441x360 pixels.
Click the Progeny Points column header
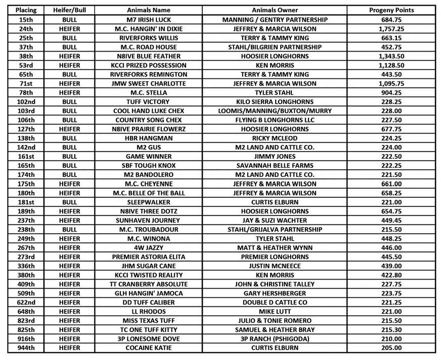391,10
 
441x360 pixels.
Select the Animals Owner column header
275,10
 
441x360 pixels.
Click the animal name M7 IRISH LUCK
148,19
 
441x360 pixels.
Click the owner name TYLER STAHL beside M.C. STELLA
275,93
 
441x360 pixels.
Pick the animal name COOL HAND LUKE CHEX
148,111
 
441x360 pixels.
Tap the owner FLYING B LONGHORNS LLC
275,120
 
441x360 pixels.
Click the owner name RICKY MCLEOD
275,138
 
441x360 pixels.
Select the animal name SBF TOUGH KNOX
148,165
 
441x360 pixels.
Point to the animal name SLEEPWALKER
148,202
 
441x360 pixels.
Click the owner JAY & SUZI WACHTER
275,220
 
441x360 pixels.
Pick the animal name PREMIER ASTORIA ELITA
148,256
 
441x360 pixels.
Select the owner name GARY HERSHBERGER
275,293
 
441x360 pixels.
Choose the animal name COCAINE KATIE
148,347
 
